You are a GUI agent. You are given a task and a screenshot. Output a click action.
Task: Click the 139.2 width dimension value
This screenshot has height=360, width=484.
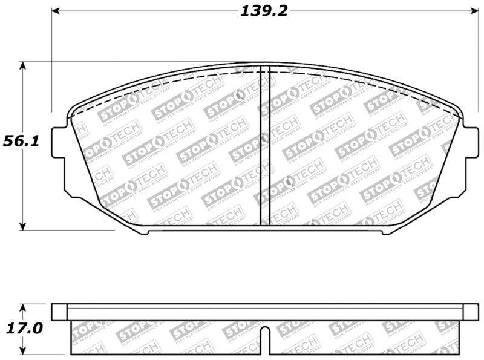tap(264, 10)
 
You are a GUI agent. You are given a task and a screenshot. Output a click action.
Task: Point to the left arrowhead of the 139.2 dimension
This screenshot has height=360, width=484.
tap(55, 11)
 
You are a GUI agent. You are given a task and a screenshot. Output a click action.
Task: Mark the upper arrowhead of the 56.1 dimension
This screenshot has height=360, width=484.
tap(22, 65)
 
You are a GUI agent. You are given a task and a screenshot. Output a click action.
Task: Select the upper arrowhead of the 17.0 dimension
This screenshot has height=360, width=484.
tap(22, 307)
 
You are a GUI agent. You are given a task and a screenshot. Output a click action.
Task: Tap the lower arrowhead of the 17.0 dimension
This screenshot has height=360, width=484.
tap(22, 350)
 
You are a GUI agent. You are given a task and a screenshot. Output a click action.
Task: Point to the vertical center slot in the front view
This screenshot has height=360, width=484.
tap(264, 145)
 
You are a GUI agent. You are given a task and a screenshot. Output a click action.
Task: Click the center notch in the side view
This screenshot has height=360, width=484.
tap(264, 335)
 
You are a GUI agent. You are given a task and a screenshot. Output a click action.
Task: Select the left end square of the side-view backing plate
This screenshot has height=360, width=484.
tap(59, 312)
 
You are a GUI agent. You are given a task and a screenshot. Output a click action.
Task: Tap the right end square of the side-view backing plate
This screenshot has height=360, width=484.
tap(471, 312)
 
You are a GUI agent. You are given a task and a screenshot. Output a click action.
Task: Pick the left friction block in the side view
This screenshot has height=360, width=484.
tap(166, 337)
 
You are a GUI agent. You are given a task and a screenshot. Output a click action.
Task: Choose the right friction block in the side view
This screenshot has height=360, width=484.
tap(363, 337)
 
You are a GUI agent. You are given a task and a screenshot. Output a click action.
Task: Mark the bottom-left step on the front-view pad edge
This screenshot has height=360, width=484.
tap(145, 231)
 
